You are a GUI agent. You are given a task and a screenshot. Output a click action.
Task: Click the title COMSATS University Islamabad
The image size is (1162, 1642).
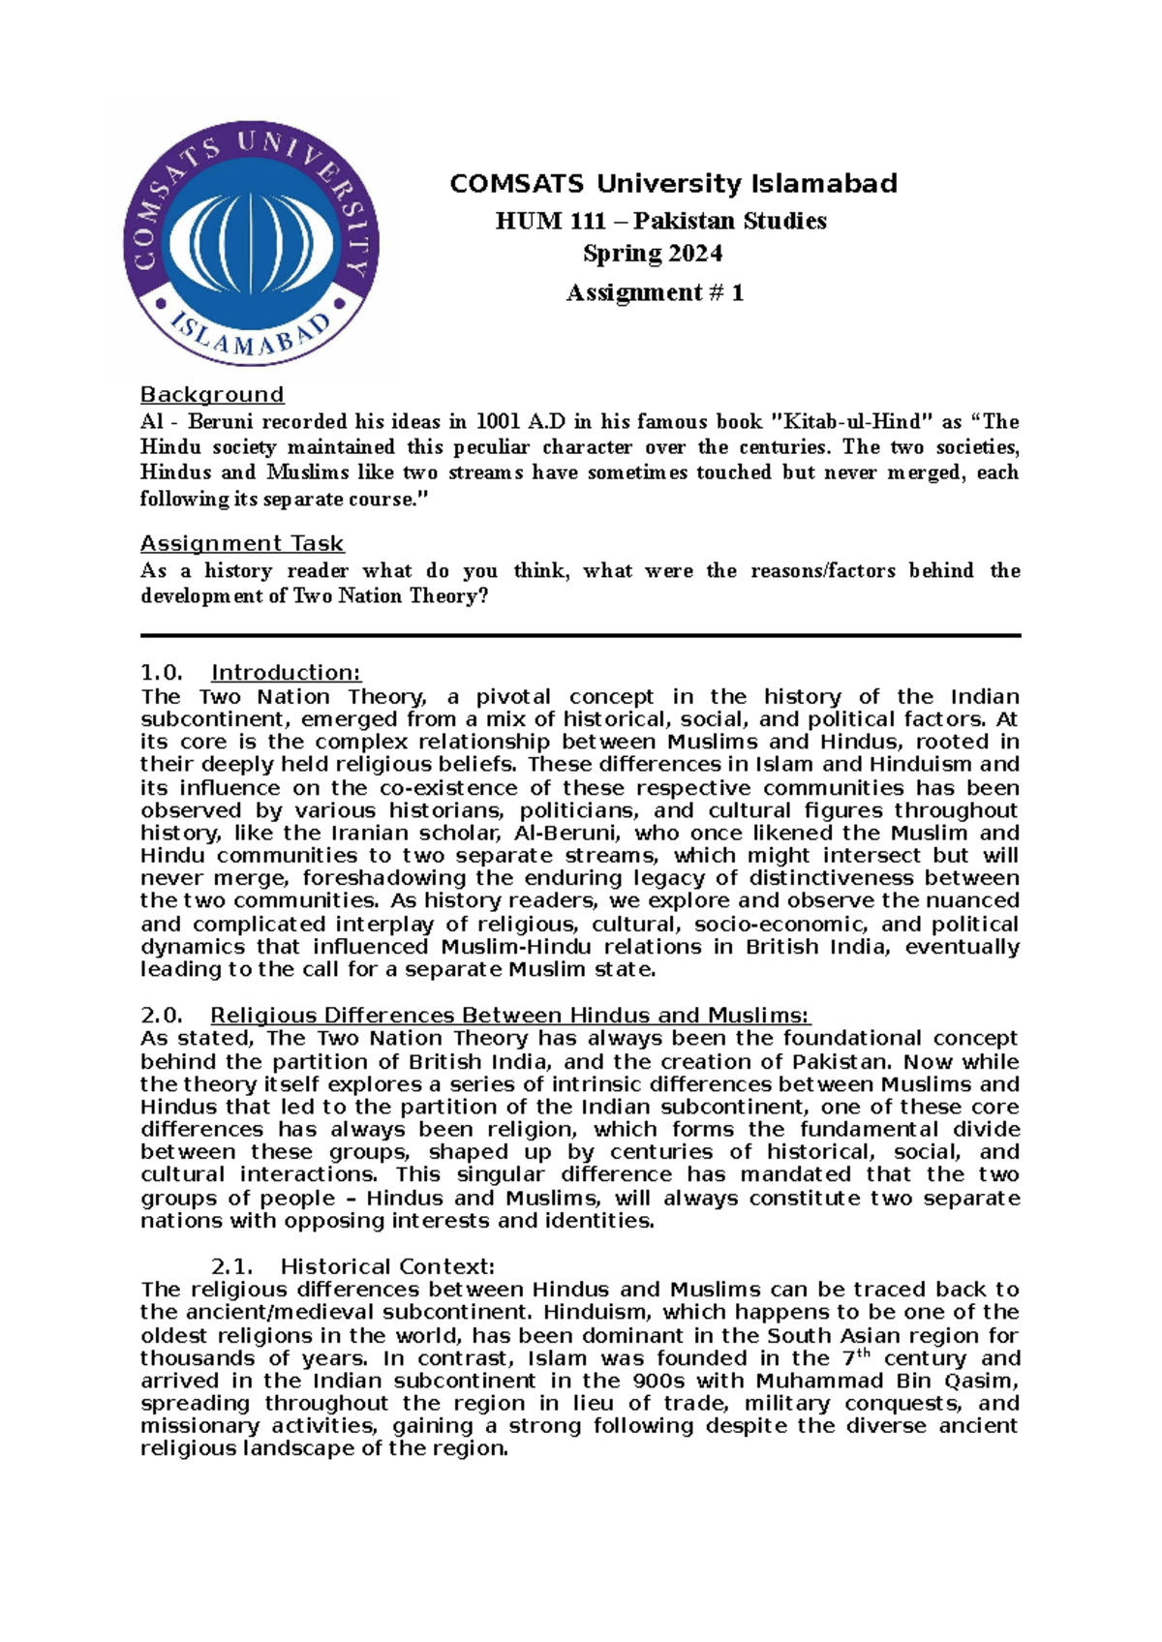(x=673, y=184)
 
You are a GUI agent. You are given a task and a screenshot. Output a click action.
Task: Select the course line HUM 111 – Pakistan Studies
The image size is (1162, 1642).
(x=660, y=222)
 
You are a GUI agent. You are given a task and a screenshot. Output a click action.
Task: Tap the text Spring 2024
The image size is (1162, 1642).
(x=652, y=254)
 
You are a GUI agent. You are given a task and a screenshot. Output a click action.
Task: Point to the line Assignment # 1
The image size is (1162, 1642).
(x=655, y=292)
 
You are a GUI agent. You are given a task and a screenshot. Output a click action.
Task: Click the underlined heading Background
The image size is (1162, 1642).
(x=212, y=395)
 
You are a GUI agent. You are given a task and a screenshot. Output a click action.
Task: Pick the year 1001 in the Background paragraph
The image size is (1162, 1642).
(x=494, y=422)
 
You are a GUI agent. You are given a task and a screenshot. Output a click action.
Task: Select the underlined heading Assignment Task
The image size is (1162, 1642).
(x=242, y=544)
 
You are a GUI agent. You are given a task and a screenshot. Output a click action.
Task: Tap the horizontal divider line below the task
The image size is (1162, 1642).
(x=581, y=636)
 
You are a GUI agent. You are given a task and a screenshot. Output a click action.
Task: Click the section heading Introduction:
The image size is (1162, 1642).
(x=286, y=673)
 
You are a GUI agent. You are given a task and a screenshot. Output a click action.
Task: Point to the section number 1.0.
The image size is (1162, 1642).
(x=161, y=673)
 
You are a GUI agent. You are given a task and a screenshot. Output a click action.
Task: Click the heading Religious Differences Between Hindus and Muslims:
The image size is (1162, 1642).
(x=509, y=1016)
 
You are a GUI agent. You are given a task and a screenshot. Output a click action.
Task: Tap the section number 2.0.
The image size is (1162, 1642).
(x=161, y=1016)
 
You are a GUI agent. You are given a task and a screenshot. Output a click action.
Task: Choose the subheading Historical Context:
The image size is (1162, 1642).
(x=387, y=1266)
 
